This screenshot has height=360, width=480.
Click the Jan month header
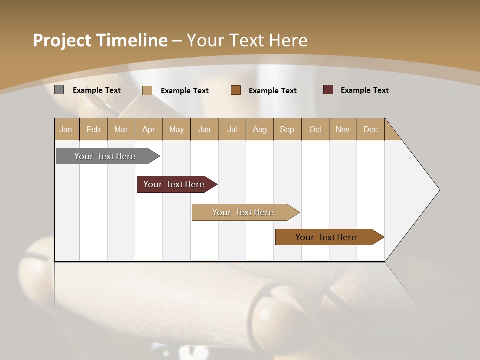[x=66, y=129]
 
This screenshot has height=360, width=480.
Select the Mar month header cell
[x=121, y=129]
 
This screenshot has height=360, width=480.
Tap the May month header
[x=176, y=129]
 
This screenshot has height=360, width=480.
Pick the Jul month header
[x=232, y=129]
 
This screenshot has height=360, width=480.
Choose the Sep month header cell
[x=287, y=129]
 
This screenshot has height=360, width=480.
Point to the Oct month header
[x=315, y=129]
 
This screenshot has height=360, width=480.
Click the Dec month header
[x=370, y=129]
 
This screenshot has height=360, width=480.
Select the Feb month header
[x=93, y=129]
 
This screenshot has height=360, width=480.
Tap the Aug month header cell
[x=260, y=129]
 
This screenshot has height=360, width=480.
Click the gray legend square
[x=59, y=90]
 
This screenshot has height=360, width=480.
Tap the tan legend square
[x=147, y=90]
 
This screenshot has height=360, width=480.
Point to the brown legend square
[x=236, y=90]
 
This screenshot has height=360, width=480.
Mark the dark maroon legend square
[x=328, y=90]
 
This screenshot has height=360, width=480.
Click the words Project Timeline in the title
[x=100, y=40]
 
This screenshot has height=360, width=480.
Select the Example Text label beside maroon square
[x=364, y=90]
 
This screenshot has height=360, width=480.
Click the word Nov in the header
[x=343, y=129]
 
